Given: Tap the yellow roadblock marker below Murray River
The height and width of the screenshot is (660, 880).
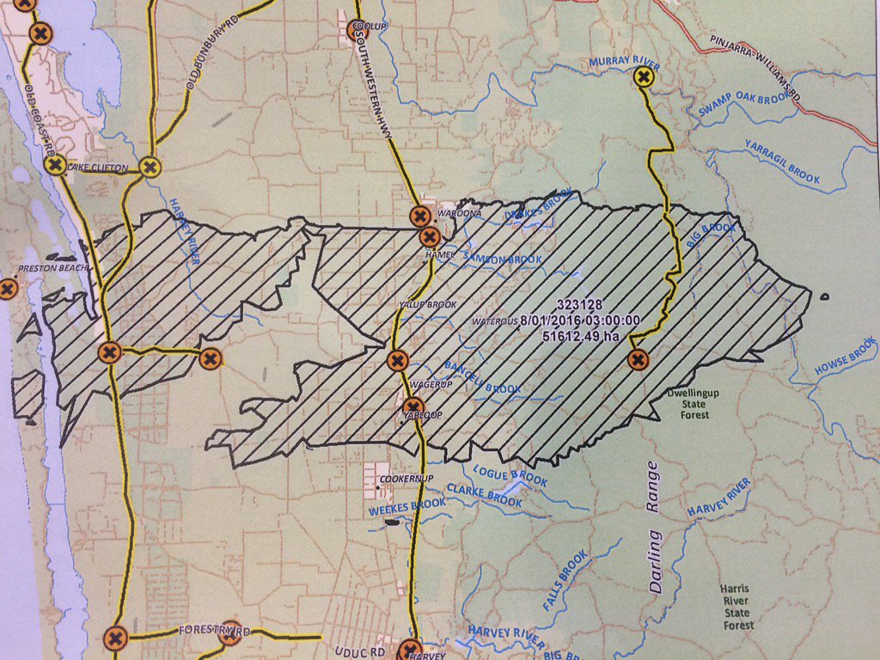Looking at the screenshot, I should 643,78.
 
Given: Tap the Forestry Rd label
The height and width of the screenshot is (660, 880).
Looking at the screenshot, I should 215,632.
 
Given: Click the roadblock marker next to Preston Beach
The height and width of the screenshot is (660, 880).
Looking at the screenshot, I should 8,288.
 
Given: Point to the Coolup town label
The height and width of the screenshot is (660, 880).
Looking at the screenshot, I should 369,28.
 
